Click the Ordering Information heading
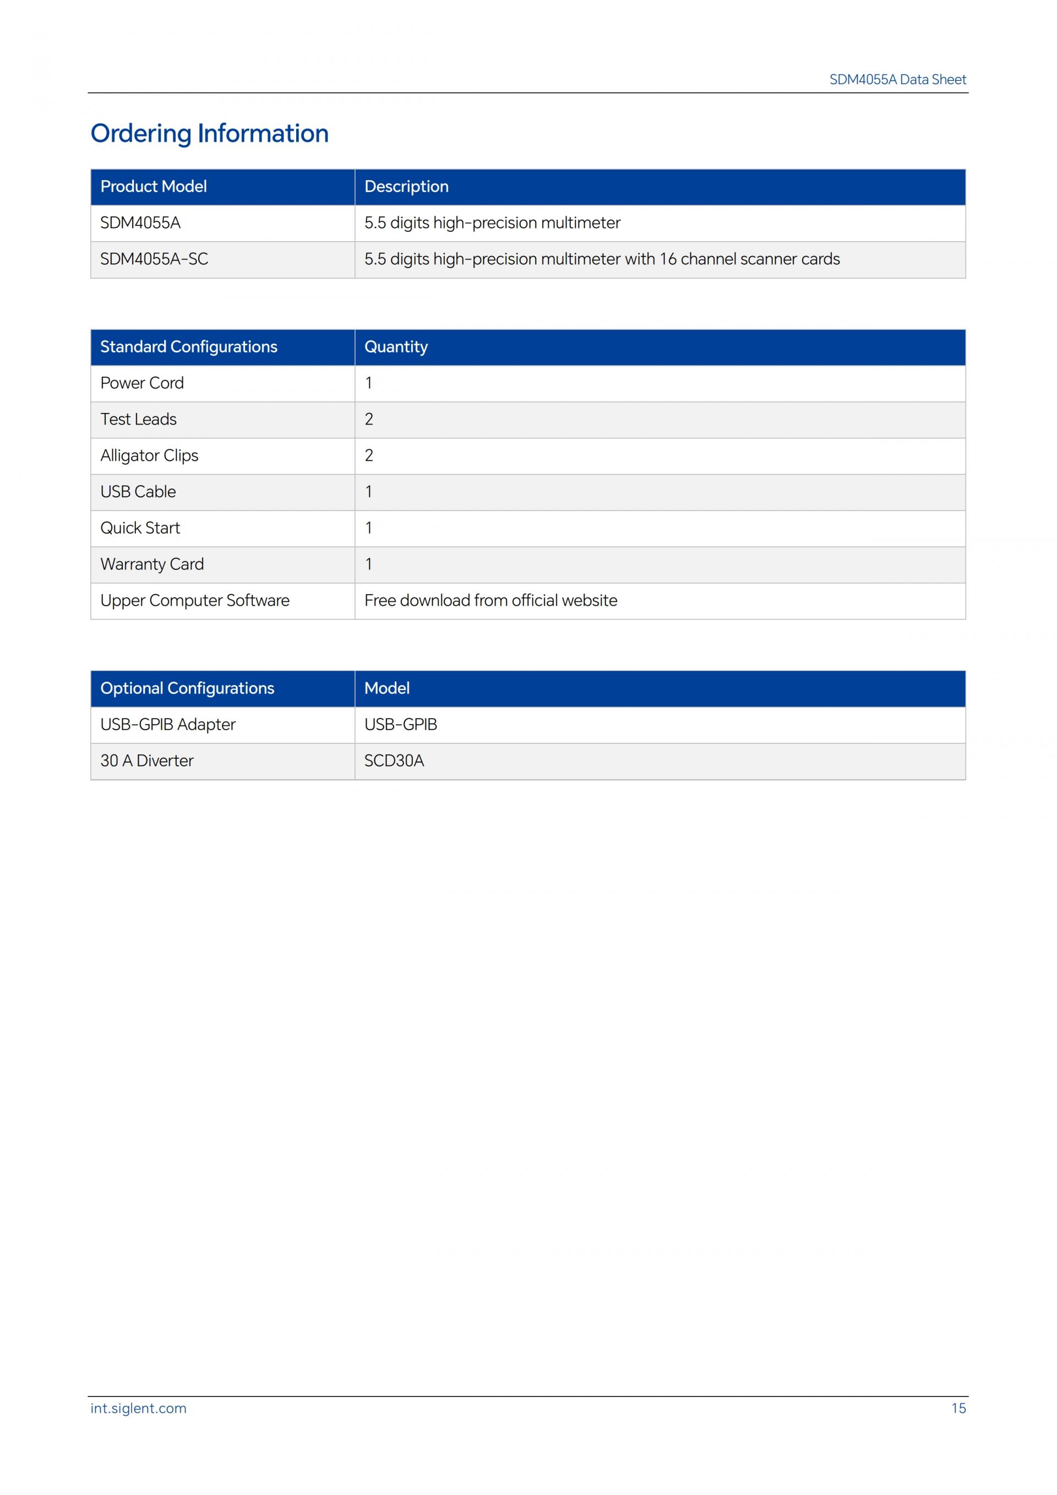pyautogui.click(x=209, y=133)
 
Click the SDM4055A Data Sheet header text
pyautogui.click(x=897, y=79)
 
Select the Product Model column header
pyautogui.click(x=153, y=187)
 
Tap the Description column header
pyautogui.click(x=406, y=187)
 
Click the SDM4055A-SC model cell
pyautogui.click(x=154, y=259)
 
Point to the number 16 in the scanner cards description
pyautogui.click(x=668, y=259)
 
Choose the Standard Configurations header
pyautogui.click(x=188, y=347)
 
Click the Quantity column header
pyautogui.click(x=396, y=347)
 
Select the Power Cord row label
pyautogui.click(x=142, y=383)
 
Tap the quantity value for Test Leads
pyautogui.click(x=368, y=420)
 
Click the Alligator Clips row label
pyautogui.click(x=149, y=456)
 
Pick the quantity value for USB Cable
pyautogui.click(x=368, y=492)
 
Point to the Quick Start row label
pyautogui.click(x=140, y=528)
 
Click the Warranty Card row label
pyautogui.click(x=151, y=564)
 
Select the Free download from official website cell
pyautogui.click(x=490, y=600)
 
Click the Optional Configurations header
pyautogui.click(x=187, y=688)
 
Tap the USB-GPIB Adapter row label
pyautogui.click(x=167, y=725)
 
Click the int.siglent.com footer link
pyautogui.click(x=138, y=1409)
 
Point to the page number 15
pyautogui.click(x=958, y=1409)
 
